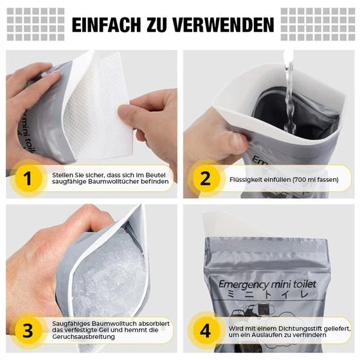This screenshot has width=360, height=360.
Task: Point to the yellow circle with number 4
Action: pos(204,331)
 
